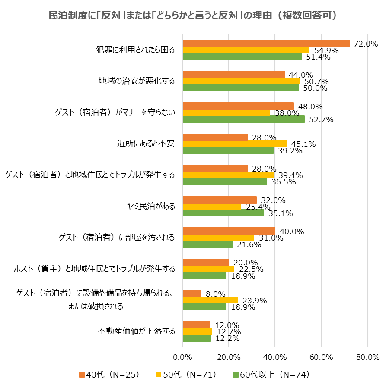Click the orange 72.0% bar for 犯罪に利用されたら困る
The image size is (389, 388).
(x=266, y=43)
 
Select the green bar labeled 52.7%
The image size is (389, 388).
(x=243, y=119)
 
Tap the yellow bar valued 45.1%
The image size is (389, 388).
(x=235, y=144)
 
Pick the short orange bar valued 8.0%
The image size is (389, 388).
(x=192, y=294)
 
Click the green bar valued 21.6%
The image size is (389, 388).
(x=207, y=244)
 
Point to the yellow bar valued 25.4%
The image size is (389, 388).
(x=212, y=207)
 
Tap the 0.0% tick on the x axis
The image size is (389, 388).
(x=182, y=357)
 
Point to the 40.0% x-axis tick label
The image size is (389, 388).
(x=275, y=357)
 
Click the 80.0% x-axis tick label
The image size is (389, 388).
(x=367, y=357)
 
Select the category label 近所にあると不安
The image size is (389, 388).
(x=146, y=143)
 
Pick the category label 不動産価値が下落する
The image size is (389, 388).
(x=137, y=331)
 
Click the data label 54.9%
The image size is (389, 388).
(x=324, y=51)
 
